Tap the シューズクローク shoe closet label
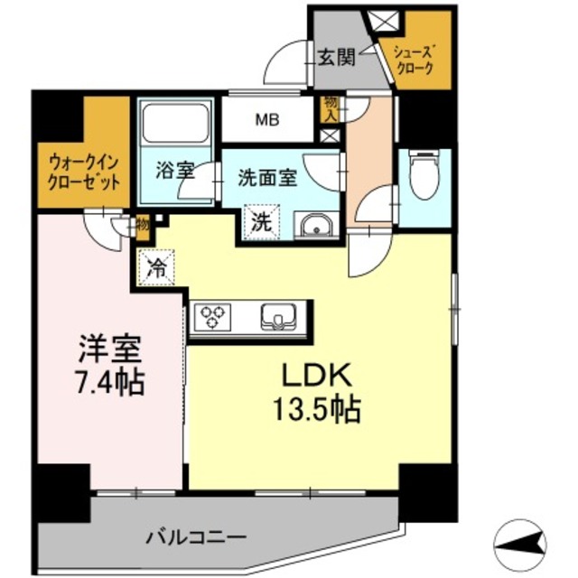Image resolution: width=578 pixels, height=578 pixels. [x=414, y=60]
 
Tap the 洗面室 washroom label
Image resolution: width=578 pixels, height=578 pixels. [x=266, y=177]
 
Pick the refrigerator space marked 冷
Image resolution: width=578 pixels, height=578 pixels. [x=156, y=267]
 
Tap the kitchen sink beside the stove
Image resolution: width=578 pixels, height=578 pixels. [x=277, y=317]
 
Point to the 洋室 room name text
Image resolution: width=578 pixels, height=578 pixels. [x=105, y=348]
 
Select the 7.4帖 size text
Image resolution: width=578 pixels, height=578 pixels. [x=107, y=382]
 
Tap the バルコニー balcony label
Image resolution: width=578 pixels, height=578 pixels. [x=196, y=536]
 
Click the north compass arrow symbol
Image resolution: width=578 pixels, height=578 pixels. [x=522, y=541]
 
